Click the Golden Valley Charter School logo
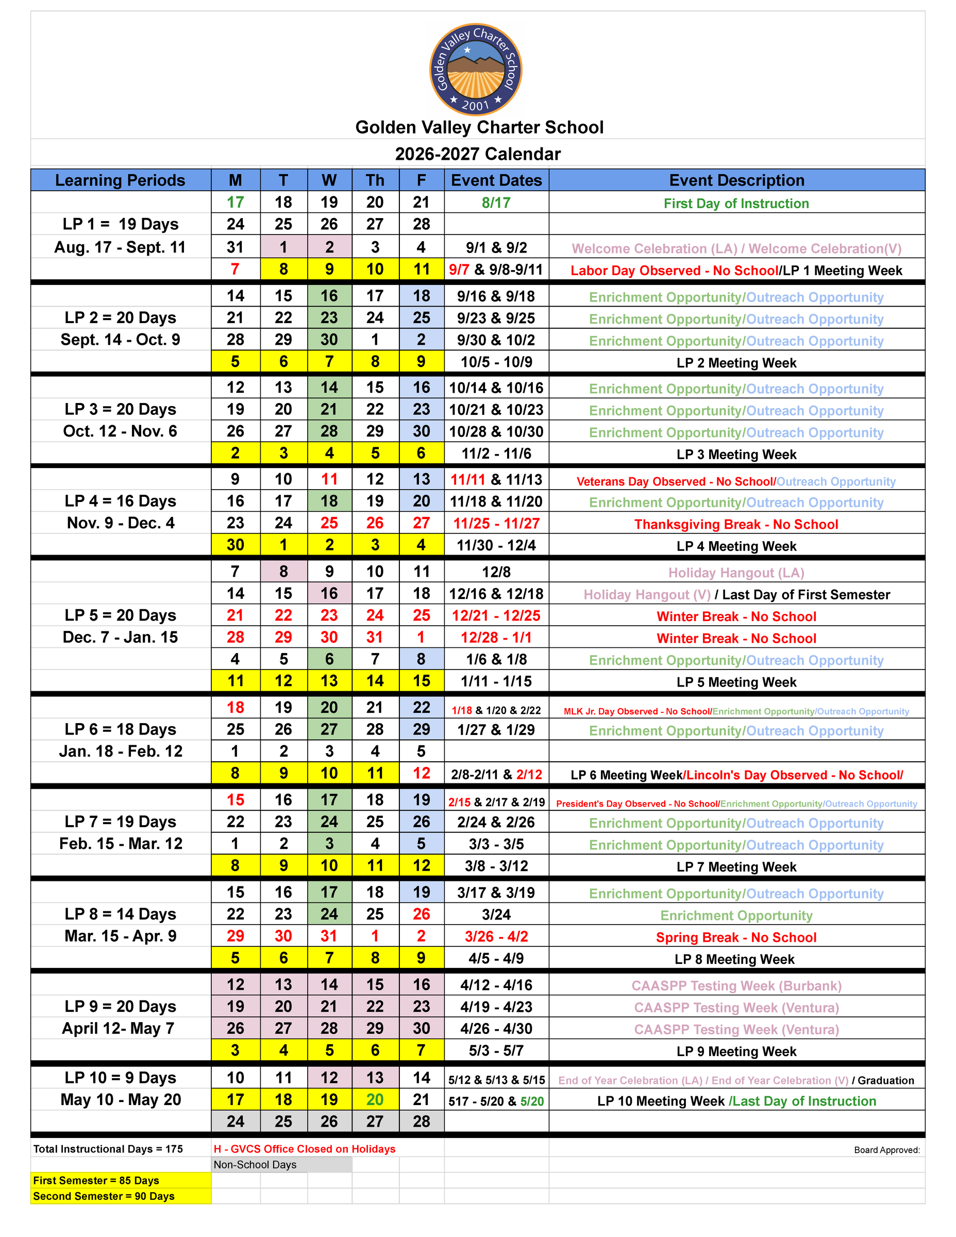476,69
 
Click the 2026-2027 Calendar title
477,154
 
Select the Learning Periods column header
120,180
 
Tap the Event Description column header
736,180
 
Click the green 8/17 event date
496,203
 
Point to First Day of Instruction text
736,204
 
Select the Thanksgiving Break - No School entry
736,525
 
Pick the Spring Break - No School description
736,938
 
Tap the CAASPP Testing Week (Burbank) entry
736,986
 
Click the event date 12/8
496,572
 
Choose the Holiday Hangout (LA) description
736,573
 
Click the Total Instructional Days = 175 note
108,1149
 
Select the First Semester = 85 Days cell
96,1180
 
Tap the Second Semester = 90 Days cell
104,1196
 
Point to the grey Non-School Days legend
255,1165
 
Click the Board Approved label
887,1150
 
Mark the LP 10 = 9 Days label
120,1078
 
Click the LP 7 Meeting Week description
736,867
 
